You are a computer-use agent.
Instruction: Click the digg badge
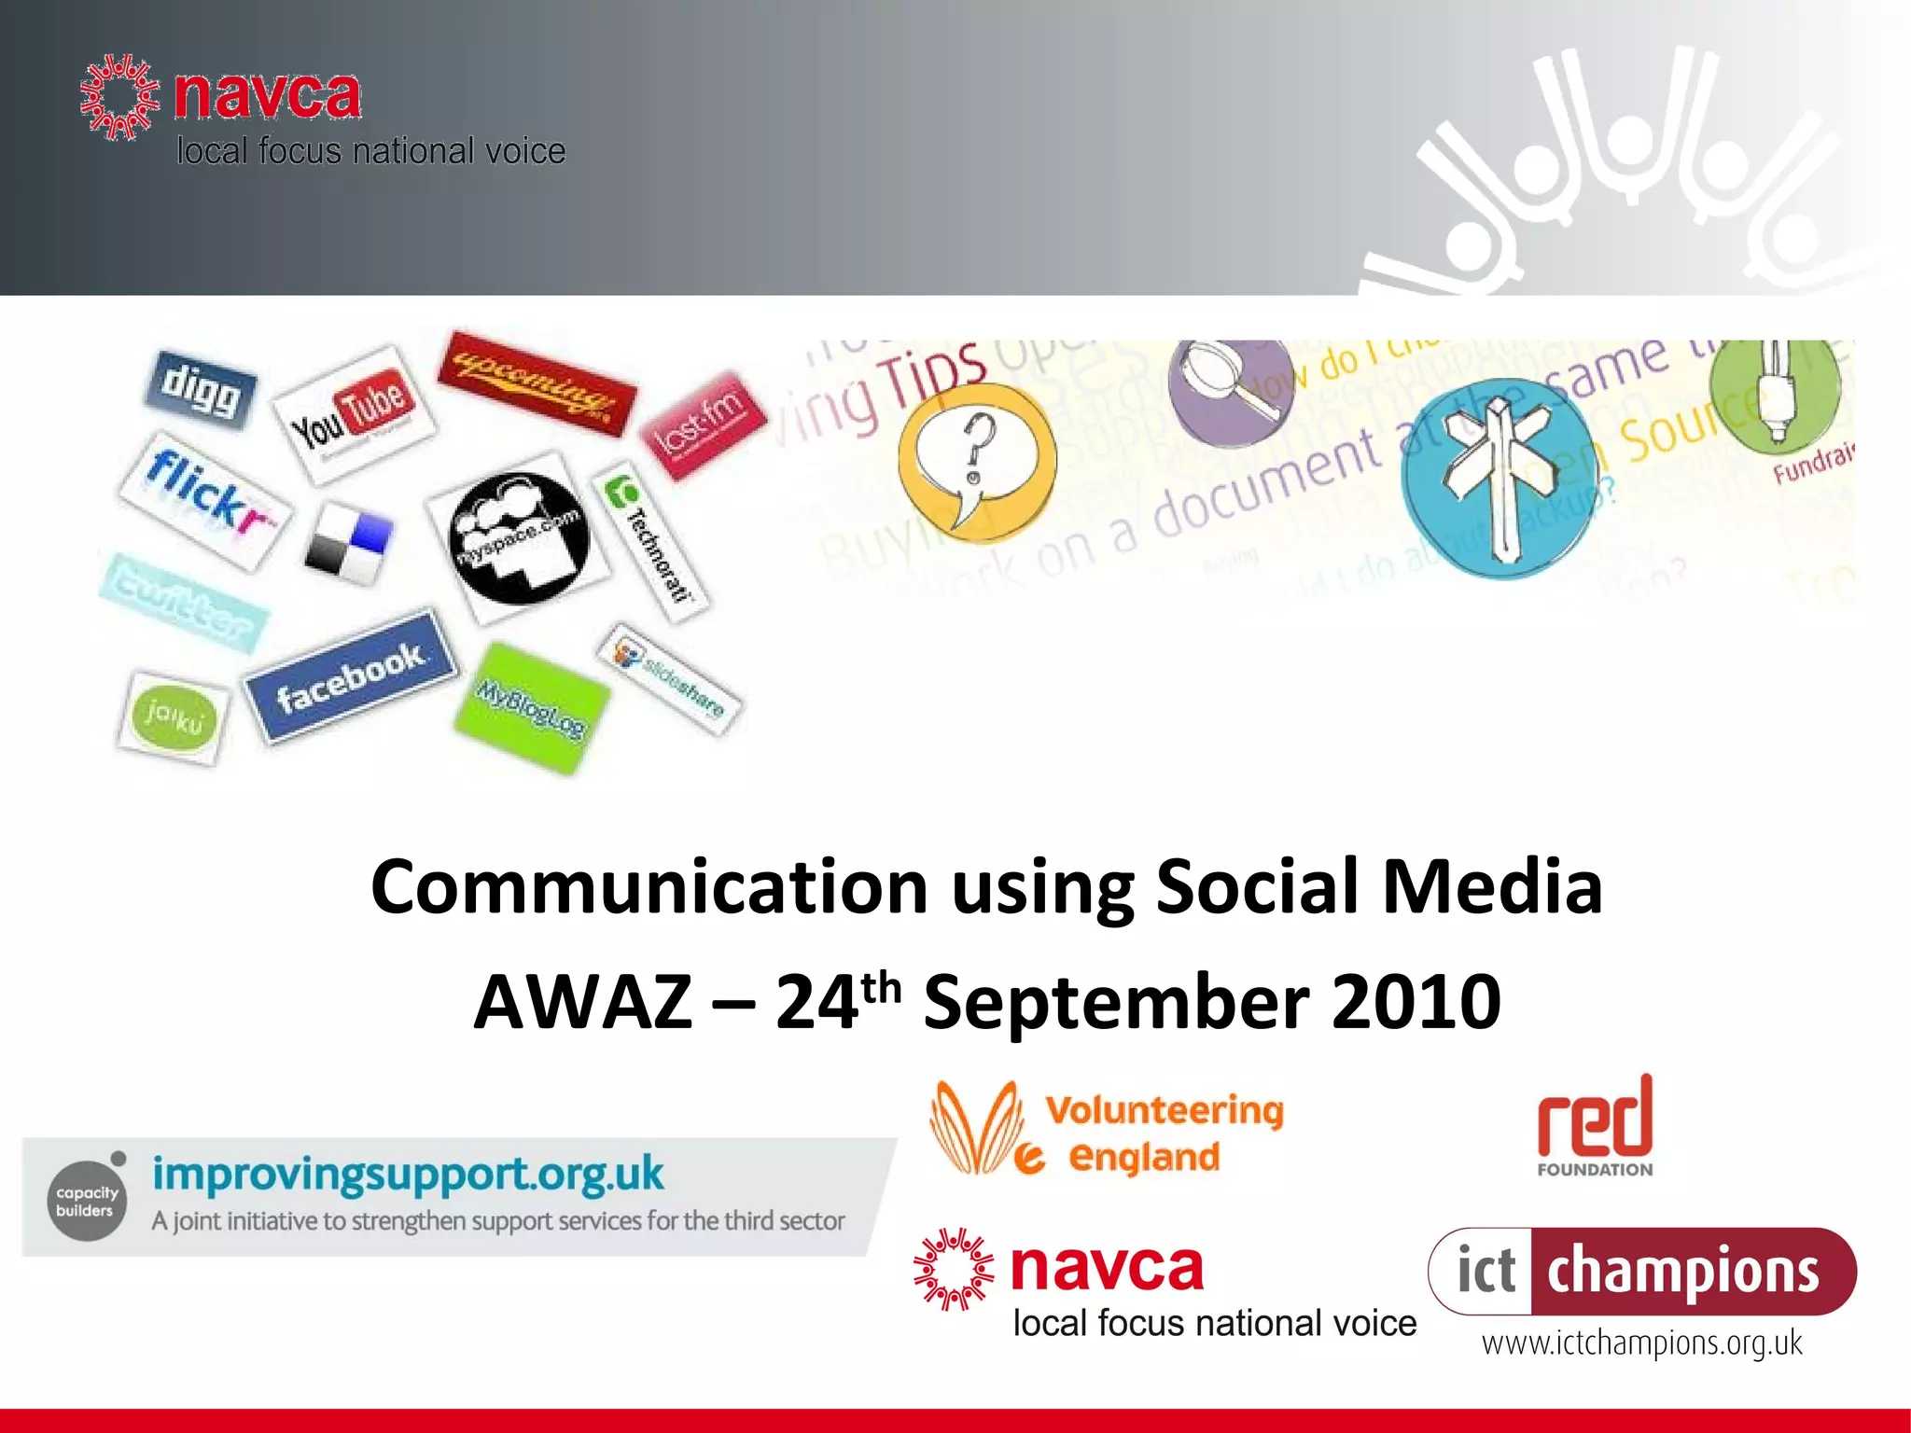(x=201, y=391)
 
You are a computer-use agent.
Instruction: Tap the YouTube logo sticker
(x=353, y=415)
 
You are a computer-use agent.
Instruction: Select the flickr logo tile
(x=206, y=500)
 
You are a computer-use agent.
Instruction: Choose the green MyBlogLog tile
(x=531, y=708)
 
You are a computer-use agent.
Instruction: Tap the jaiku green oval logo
(x=174, y=717)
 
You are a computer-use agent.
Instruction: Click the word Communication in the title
(x=649, y=886)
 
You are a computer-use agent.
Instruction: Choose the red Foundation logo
(x=1595, y=1125)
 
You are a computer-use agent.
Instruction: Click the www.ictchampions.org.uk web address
(x=1641, y=1343)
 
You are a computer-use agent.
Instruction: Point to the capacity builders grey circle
(x=87, y=1200)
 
